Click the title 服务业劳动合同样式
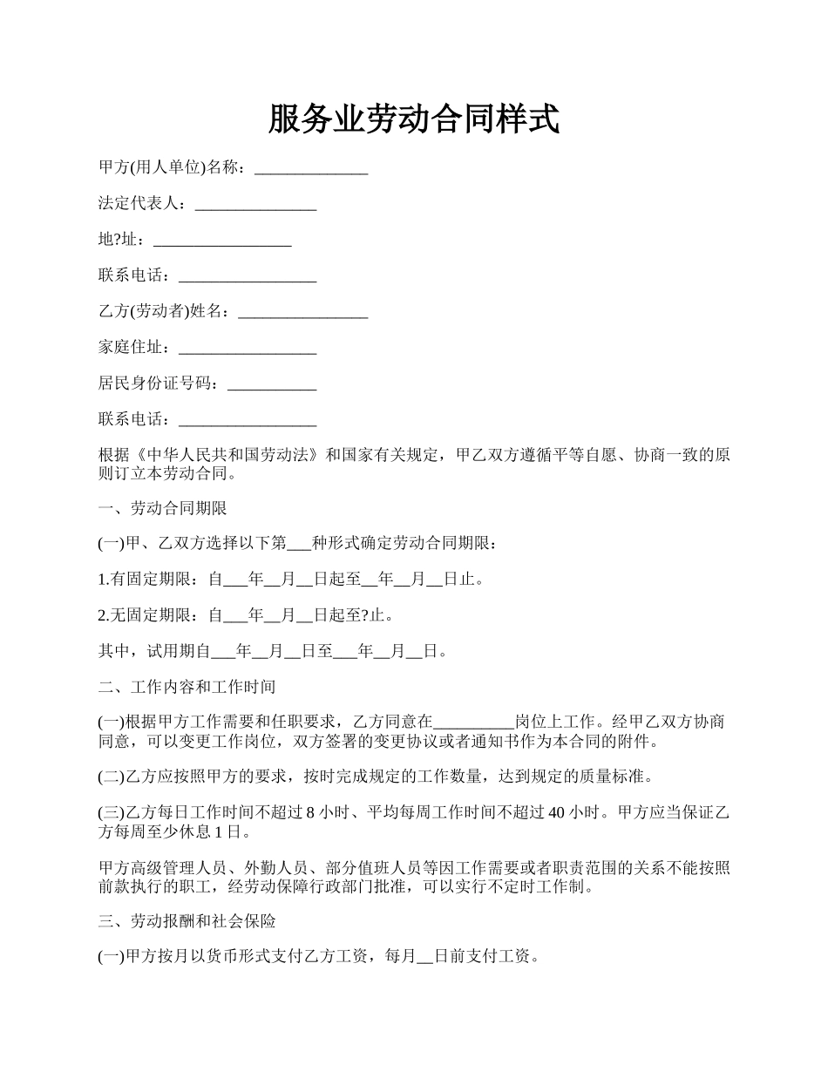click(413, 119)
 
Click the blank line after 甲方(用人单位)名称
click(311, 167)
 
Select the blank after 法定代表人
click(255, 204)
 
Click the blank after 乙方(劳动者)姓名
click(302, 311)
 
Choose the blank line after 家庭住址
click(247, 348)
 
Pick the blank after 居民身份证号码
click(271, 383)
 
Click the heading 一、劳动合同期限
click(163, 508)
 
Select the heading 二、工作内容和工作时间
click(187, 687)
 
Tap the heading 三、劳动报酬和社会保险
click(187, 920)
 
